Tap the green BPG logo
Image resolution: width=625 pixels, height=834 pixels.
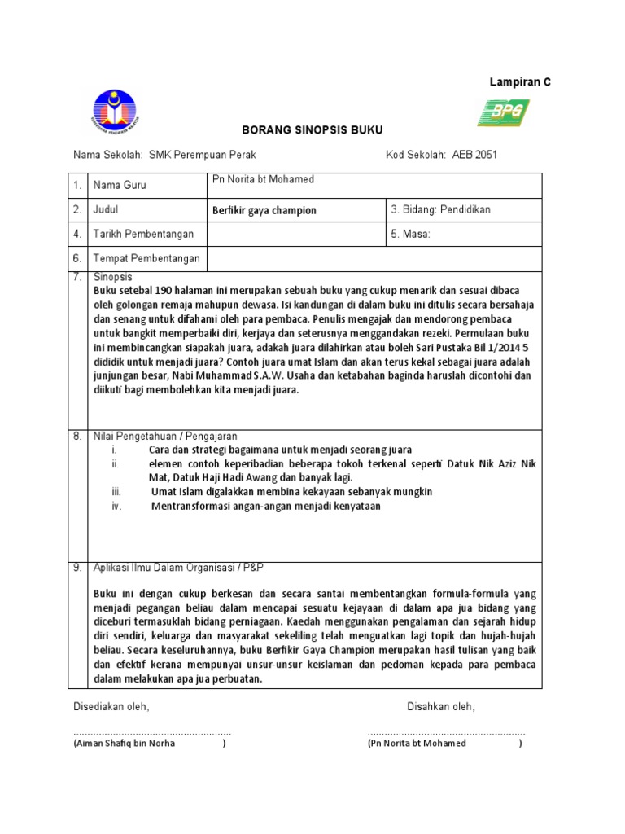(x=502, y=112)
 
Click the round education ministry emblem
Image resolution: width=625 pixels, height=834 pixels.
(x=115, y=112)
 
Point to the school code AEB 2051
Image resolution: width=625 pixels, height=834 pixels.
(x=474, y=155)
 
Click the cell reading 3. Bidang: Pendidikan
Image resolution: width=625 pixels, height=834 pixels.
(x=441, y=209)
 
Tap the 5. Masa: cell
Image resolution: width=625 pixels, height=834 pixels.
(x=410, y=234)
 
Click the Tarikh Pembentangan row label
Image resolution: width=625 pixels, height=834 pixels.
(x=144, y=235)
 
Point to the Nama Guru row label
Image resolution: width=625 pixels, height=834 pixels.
(x=120, y=186)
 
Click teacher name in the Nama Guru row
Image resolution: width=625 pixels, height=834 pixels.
(x=263, y=179)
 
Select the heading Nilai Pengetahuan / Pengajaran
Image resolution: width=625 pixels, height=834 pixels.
(x=165, y=437)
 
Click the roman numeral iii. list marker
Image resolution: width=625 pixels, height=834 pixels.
(x=116, y=492)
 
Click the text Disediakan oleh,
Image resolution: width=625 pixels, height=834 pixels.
(x=111, y=706)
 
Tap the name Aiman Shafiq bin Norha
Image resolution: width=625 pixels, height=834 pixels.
(x=125, y=743)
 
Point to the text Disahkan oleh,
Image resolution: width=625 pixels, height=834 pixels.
(x=440, y=706)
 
